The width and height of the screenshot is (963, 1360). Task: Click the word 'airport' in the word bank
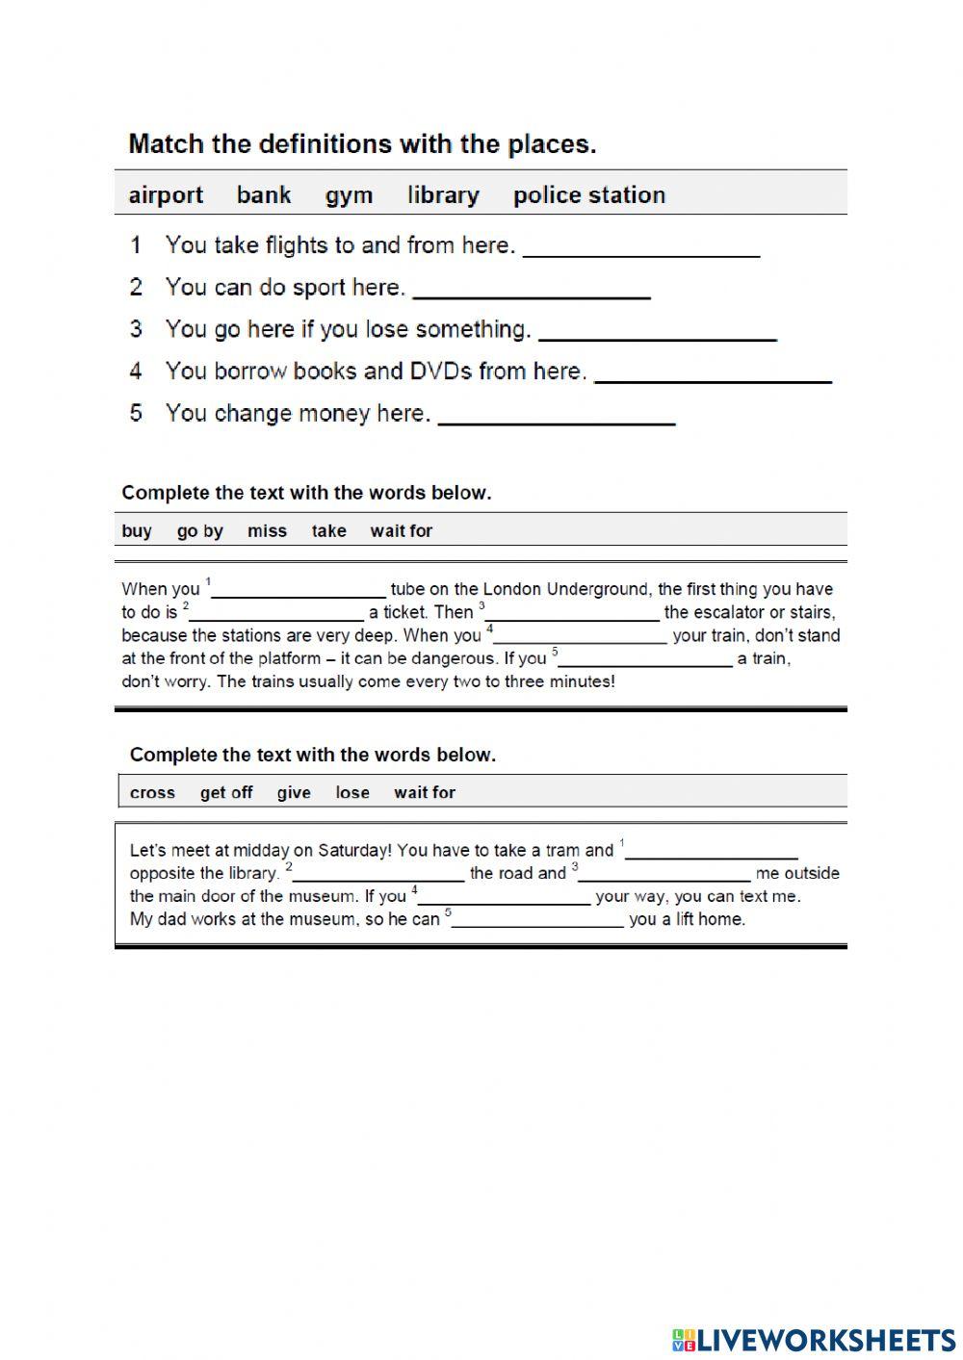coord(166,195)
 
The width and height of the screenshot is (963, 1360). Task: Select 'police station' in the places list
coord(588,195)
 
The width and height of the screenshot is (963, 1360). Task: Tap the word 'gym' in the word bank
coord(349,195)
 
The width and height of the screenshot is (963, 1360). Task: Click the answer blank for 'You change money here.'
coord(557,414)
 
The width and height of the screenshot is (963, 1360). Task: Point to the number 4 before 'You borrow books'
coord(136,372)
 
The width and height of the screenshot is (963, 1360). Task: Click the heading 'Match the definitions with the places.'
coord(362,144)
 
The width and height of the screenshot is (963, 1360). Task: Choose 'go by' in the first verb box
coord(199,531)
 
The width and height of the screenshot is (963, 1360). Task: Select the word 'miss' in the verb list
coord(267,531)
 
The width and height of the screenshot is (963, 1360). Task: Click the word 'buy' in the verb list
coord(137,531)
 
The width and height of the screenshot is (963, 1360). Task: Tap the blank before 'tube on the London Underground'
coord(299,589)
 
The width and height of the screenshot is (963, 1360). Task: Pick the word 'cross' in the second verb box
coord(152,793)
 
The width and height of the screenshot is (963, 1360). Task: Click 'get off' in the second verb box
coord(226,793)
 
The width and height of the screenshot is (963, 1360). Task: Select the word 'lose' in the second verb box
coord(352,793)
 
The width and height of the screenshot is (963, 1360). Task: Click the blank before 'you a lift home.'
coord(538,919)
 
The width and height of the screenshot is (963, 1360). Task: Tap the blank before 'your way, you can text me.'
coord(505,896)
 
